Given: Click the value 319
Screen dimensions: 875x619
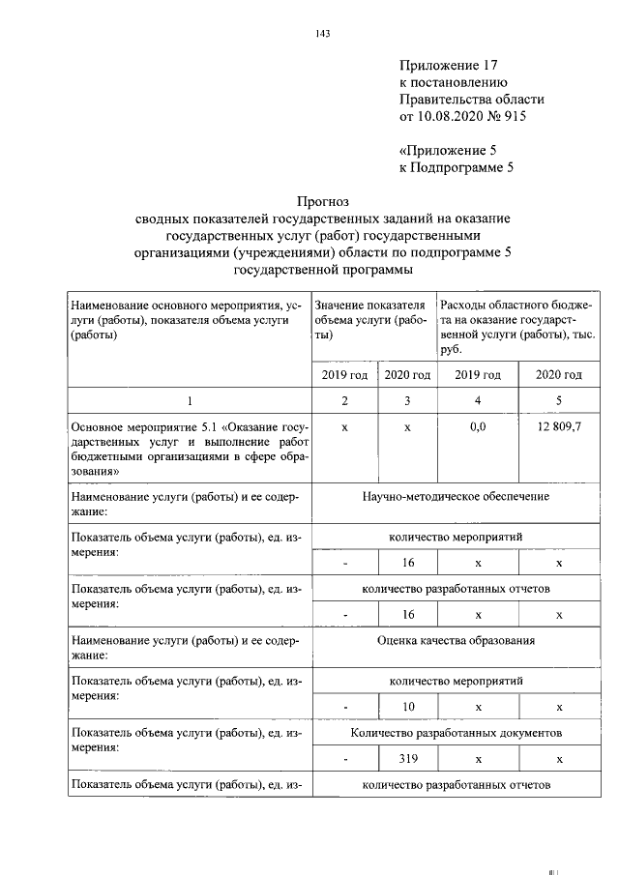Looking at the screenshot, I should (407, 760).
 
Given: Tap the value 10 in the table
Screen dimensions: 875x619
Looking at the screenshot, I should (407, 707).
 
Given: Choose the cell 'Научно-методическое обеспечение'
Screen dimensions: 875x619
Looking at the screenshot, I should (456, 496).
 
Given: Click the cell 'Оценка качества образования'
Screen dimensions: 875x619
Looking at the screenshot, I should (456, 640).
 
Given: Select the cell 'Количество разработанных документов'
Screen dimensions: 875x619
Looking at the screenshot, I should (456, 734).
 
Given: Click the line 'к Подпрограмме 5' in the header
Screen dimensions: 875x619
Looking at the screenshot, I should (456, 167).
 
